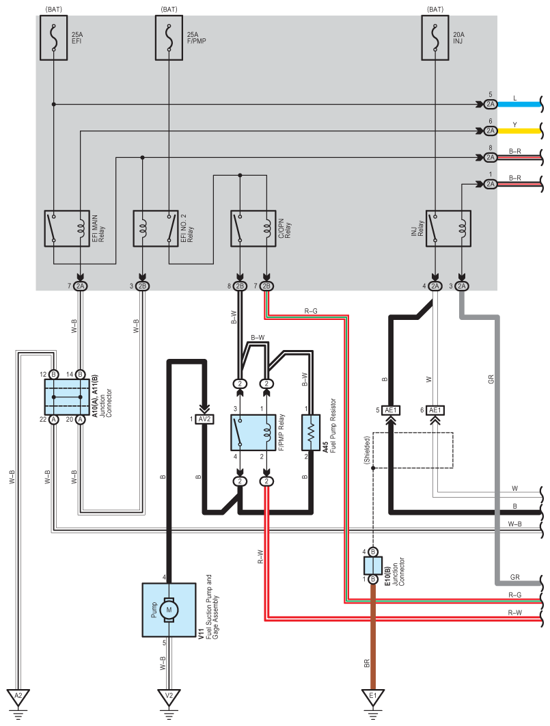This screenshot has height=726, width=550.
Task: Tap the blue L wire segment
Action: [x=519, y=105]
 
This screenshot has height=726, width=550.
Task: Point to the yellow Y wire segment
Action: [x=519, y=131]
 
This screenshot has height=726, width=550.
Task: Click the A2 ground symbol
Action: [x=18, y=697]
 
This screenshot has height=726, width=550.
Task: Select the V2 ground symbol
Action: [x=168, y=697]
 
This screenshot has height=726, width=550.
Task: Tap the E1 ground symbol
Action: [x=373, y=697]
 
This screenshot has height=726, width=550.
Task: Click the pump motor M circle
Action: [x=168, y=609]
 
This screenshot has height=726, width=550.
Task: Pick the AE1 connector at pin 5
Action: [x=391, y=410]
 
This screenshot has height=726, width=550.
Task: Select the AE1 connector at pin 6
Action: [x=435, y=410]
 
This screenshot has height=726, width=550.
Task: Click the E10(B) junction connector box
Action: [x=373, y=565]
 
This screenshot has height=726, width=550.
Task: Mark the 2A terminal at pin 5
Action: [x=490, y=105]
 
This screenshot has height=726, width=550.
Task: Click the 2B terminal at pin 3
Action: [x=142, y=286]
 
